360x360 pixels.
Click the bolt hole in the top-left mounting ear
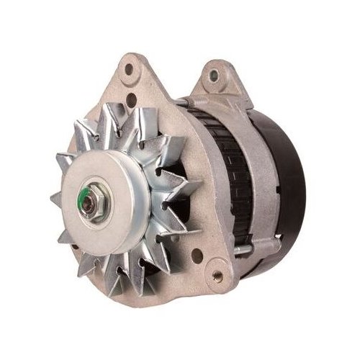click(x=130, y=70)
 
